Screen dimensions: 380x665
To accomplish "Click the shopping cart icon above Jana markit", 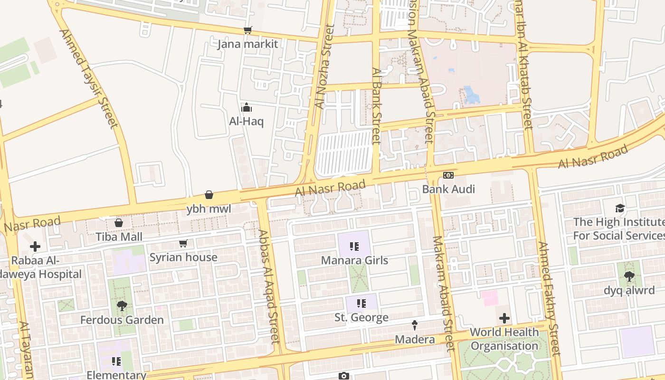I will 247,30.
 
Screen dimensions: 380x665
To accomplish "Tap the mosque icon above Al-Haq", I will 246,108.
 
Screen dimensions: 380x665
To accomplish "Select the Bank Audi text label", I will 448,189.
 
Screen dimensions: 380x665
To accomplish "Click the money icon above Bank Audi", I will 448,175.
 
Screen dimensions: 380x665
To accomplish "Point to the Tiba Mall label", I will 119,237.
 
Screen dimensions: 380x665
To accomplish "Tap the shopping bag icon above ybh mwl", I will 209,195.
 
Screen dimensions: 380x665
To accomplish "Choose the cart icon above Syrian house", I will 183,244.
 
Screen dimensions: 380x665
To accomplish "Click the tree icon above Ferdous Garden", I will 122,306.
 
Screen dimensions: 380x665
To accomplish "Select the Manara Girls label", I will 354,260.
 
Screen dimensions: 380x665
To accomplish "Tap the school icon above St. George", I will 361,303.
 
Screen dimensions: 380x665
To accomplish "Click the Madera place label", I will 415,340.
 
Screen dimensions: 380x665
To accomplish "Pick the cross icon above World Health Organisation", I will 504,318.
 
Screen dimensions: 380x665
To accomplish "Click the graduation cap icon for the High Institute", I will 620,208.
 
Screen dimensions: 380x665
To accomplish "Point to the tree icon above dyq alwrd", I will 629,276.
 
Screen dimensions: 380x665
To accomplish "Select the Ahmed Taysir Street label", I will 88,78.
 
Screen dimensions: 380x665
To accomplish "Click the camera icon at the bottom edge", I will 344,376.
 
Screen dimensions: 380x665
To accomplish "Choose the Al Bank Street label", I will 377,105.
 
